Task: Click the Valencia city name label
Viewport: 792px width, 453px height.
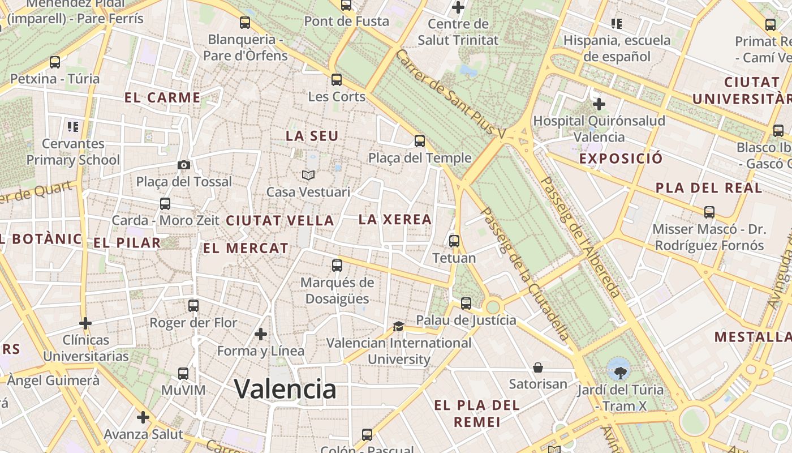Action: pyautogui.click(x=285, y=389)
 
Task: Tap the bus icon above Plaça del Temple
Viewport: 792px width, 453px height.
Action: pyautogui.click(x=419, y=141)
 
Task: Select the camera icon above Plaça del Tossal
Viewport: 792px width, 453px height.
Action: pyautogui.click(x=184, y=165)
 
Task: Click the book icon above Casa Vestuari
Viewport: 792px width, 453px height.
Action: pyautogui.click(x=308, y=175)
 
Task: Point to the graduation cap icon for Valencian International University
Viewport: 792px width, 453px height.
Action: pyautogui.click(x=399, y=326)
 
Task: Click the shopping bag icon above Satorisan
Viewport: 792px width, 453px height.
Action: pyautogui.click(x=538, y=367)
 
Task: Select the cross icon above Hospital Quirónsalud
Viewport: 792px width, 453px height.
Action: pyautogui.click(x=599, y=104)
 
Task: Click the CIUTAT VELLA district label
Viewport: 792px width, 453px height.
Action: pyautogui.click(x=280, y=221)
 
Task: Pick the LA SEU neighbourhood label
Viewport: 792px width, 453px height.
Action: pyautogui.click(x=312, y=136)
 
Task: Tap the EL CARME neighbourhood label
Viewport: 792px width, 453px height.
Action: pyautogui.click(x=162, y=97)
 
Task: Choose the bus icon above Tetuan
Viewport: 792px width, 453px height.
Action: pyautogui.click(x=454, y=241)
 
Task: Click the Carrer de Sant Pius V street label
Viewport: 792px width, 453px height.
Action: pyautogui.click(x=450, y=94)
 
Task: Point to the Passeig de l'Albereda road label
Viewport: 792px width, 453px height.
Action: pyautogui.click(x=580, y=238)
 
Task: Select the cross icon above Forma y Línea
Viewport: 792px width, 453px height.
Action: pyautogui.click(x=261, y=334)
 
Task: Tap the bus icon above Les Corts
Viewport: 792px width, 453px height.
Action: pyautogui.click(x=337, y=79)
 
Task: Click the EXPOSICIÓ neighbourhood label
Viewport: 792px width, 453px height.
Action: pyautogui.click(x=621, y=159)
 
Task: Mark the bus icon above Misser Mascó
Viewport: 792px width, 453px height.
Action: pyautogui.click(x=709, y=212)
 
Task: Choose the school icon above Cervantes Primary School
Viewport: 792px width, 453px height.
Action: pyautogui.click(x=72, y=126)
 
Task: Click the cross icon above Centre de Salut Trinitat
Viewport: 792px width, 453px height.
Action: pyautogui.click(x=458, y=7)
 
